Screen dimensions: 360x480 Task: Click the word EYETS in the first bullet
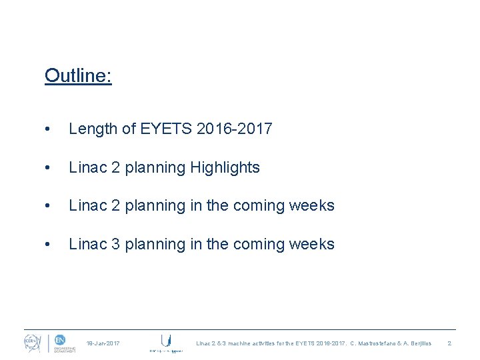click(x=167, y=129)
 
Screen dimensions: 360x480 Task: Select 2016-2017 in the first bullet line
click(x=235, y=129)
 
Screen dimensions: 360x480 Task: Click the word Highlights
click(x=225, y=167)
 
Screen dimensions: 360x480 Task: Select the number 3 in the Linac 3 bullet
click(x=114, y=244)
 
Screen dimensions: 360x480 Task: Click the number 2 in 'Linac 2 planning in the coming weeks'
click(x=114, y=205)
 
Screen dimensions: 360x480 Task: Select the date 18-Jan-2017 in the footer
click(x=103, y=343)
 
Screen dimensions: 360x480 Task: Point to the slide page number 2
click(x=449, y=343)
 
